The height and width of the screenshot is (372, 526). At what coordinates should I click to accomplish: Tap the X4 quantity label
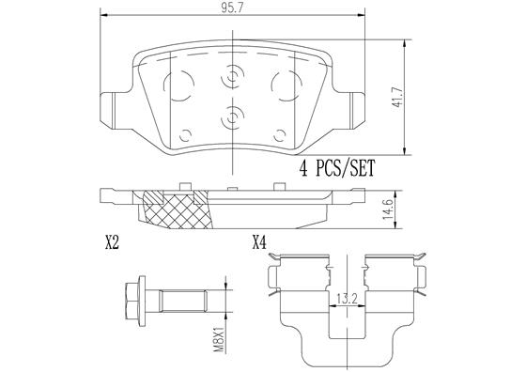pyautogui.click(x=260, y=243)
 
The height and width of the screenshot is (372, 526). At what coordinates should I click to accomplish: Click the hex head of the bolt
pyautogui.click(x=131, y=303)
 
